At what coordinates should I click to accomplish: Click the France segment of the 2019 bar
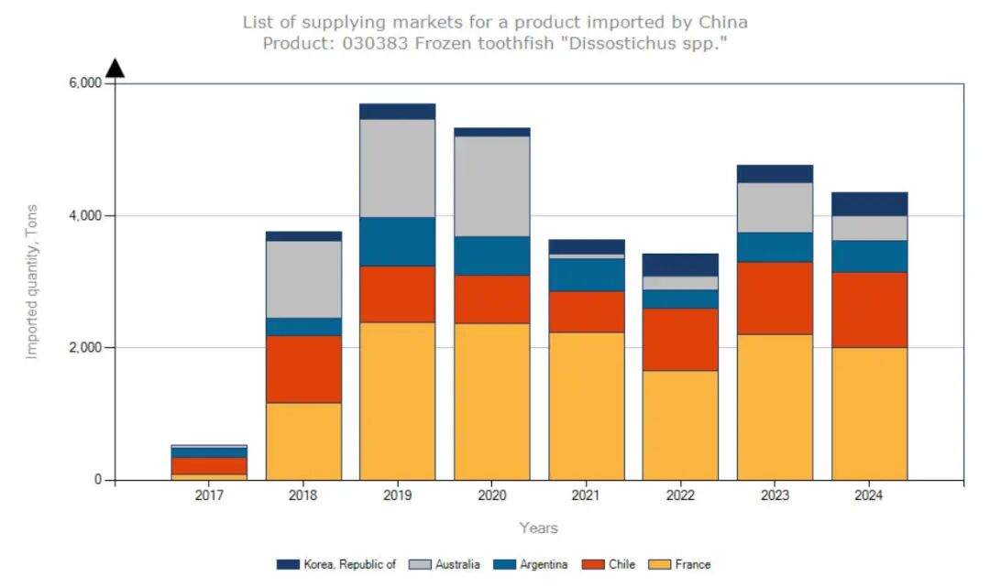pyautogui.click(x=397, y=400)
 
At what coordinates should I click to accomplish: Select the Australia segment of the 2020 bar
pyautogui.click(x=491, y=186)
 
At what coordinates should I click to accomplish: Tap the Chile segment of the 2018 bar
pyautogui.click(x=303, y=368)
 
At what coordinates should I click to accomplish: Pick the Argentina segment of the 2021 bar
pyautogui.click(x=586, y=275)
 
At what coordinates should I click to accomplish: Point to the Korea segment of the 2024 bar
pyautogui.click(x=869, y=203)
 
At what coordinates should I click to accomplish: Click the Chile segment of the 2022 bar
pyautogui.click(x=680, y=339)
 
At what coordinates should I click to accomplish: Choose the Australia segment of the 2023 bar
pyautogui.click(x=775, y=207)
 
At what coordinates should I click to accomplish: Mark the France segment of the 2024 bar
pyautogui.click(x=869, y=413)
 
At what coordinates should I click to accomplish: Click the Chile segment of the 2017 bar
pyautogui.click(x=209, y=465)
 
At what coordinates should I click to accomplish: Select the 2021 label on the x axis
pyautogui.click(x=586, y=496)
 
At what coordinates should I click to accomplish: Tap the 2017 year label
pyautogui.click(x=209, y=496)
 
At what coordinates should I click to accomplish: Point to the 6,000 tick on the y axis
pyautogui.click(x=85, y=83)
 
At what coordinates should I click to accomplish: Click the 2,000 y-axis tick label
pyautogui.click(x=85, y=348)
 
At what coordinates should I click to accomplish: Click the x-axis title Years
pyautogui.click(x=538, y=527)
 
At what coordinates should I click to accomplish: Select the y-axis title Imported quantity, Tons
pyautogui.click(x=32, y=281)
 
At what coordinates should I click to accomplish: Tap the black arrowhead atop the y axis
pyautogui.click(x=115, y=69)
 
